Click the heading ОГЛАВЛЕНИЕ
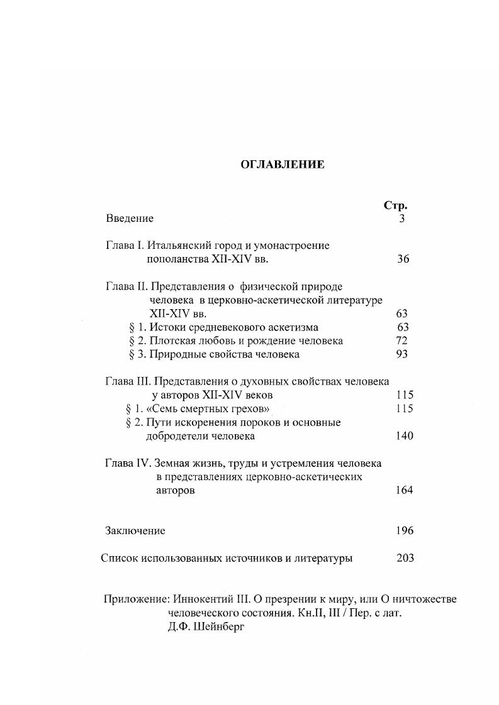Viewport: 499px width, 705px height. tap(283, 165)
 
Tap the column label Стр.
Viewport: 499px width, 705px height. tap(395, 205)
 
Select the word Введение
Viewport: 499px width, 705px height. tap(130, 219)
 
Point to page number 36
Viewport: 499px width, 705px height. tap(403, 259)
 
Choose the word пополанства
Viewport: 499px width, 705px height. tap(177, 259)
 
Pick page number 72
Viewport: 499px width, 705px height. tap(402, 341)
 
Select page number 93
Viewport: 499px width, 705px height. tap(402, 354)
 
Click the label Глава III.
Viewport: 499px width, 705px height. tap(128, 381)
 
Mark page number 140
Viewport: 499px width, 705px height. tap(405, 436)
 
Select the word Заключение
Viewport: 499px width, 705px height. tap(135, 531)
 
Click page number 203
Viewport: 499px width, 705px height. tap(405, 558)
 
